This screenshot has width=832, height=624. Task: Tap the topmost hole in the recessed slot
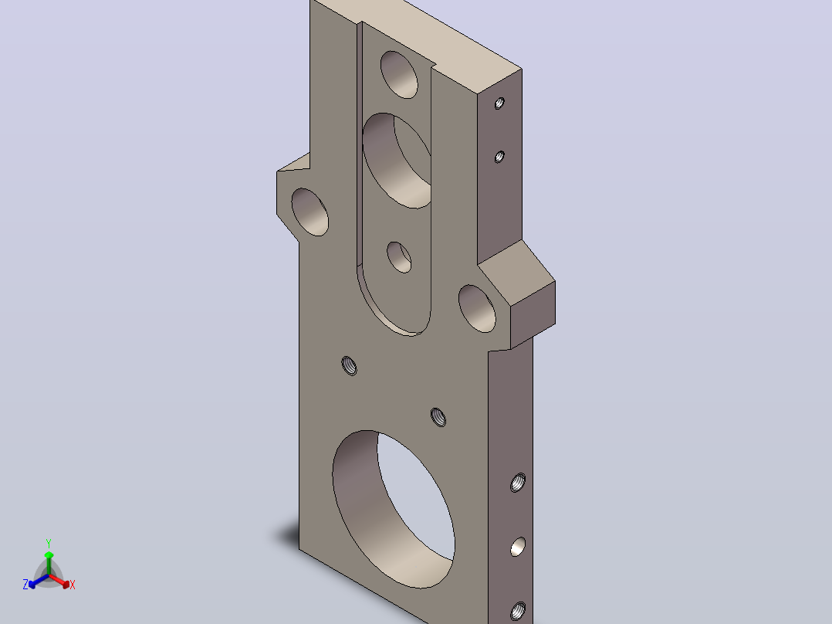tap(399, 74)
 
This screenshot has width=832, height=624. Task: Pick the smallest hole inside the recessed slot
tap(399, 257)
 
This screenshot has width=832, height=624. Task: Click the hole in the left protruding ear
tap(310, 212)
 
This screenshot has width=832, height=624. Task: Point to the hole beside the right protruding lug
tap(477, 309)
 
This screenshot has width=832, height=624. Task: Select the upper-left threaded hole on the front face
tap(349, 366)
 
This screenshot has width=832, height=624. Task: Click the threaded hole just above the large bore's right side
tap(438, 417)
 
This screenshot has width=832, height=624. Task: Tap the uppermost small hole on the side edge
tap(499, 103)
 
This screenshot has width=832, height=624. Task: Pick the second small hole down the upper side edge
tap(499, 157)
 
